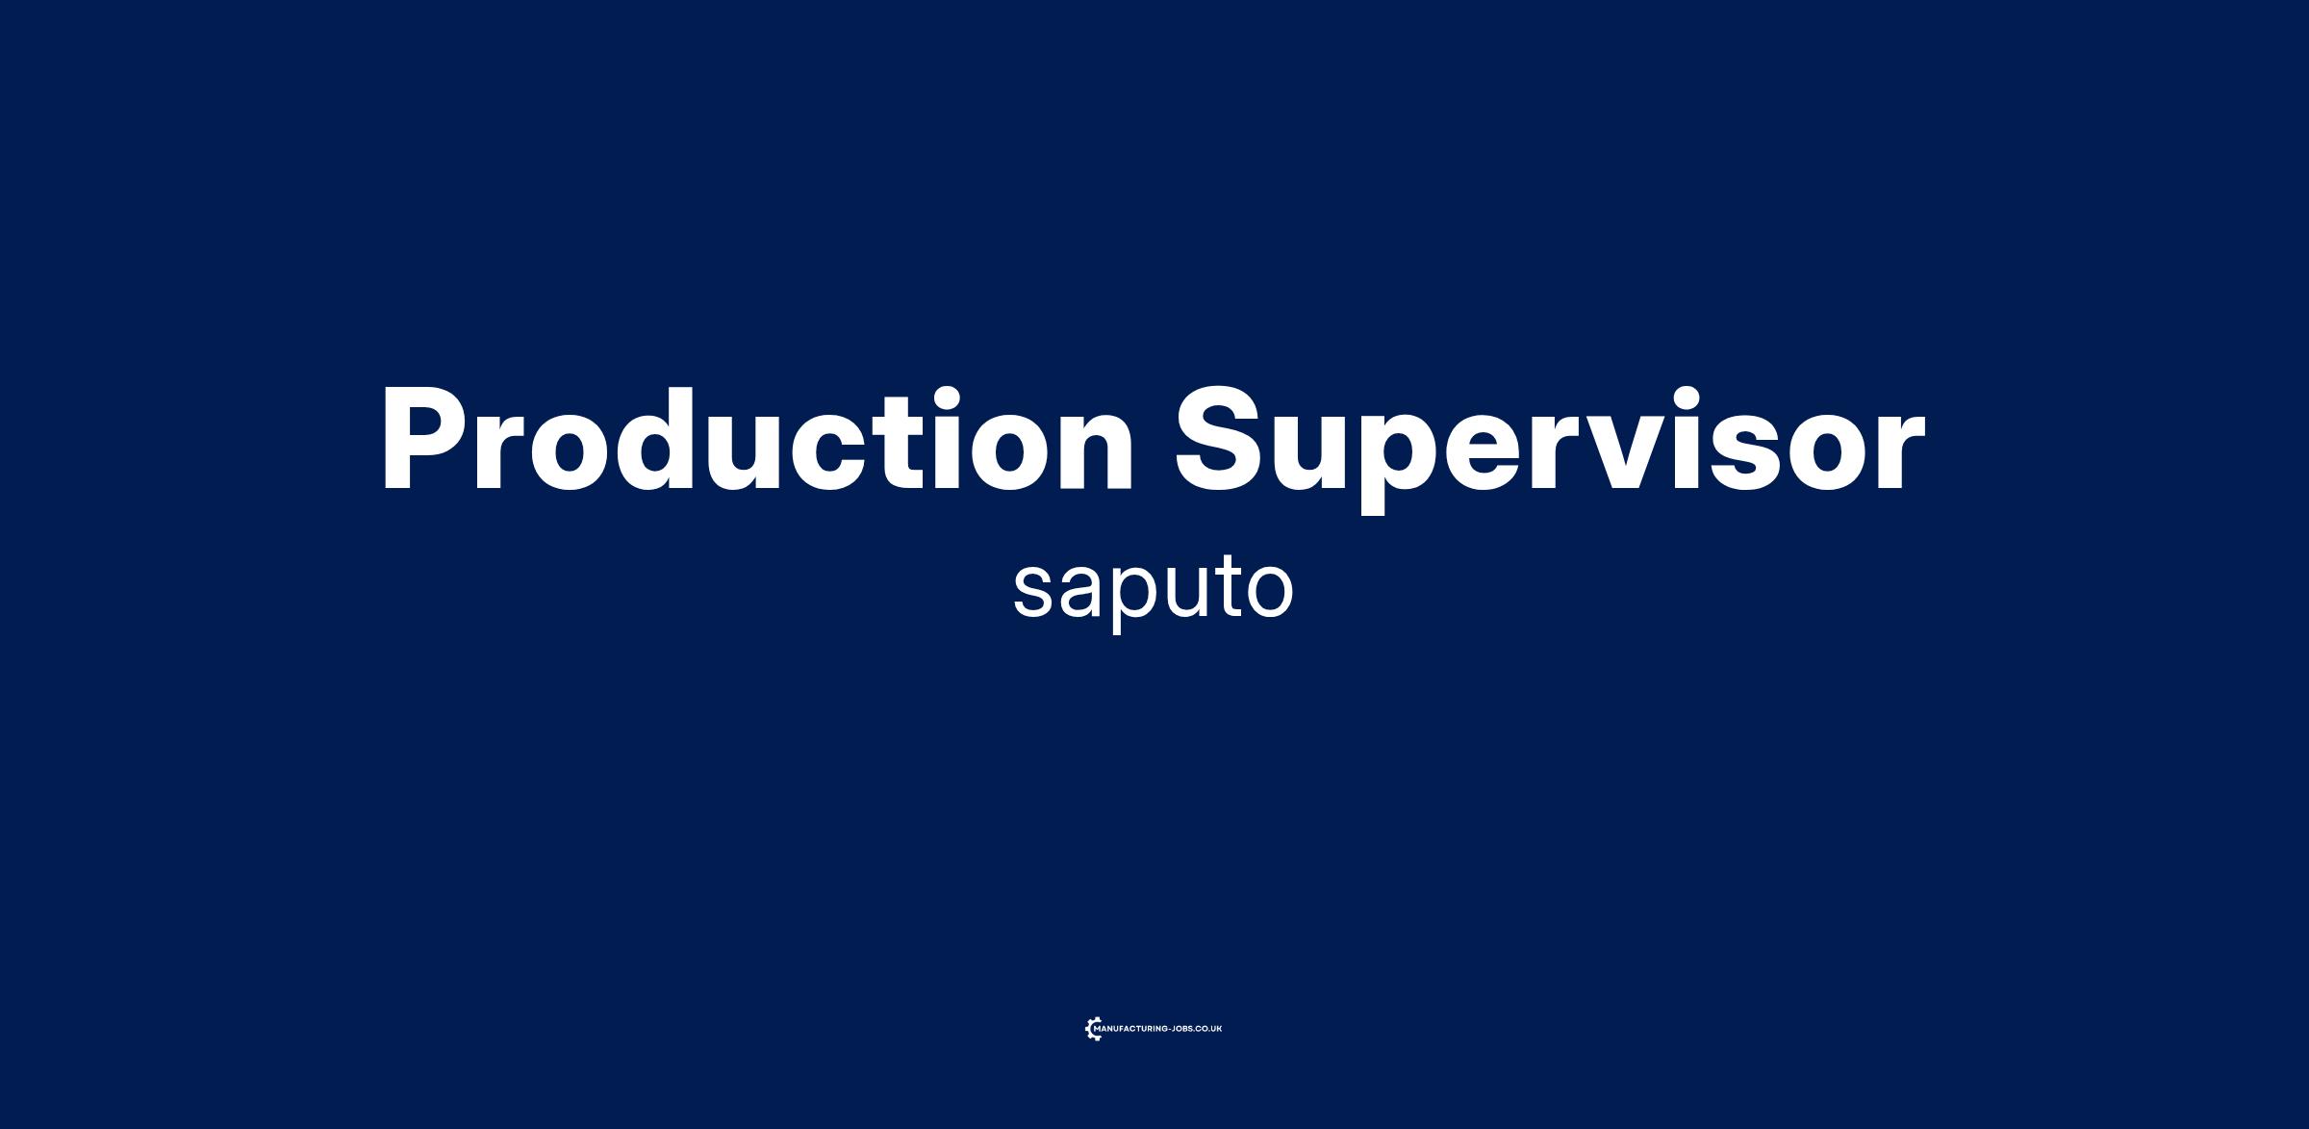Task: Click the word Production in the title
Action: click(756, 439)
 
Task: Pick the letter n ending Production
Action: click(1091, 452)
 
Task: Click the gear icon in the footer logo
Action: click(1094, 1029)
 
